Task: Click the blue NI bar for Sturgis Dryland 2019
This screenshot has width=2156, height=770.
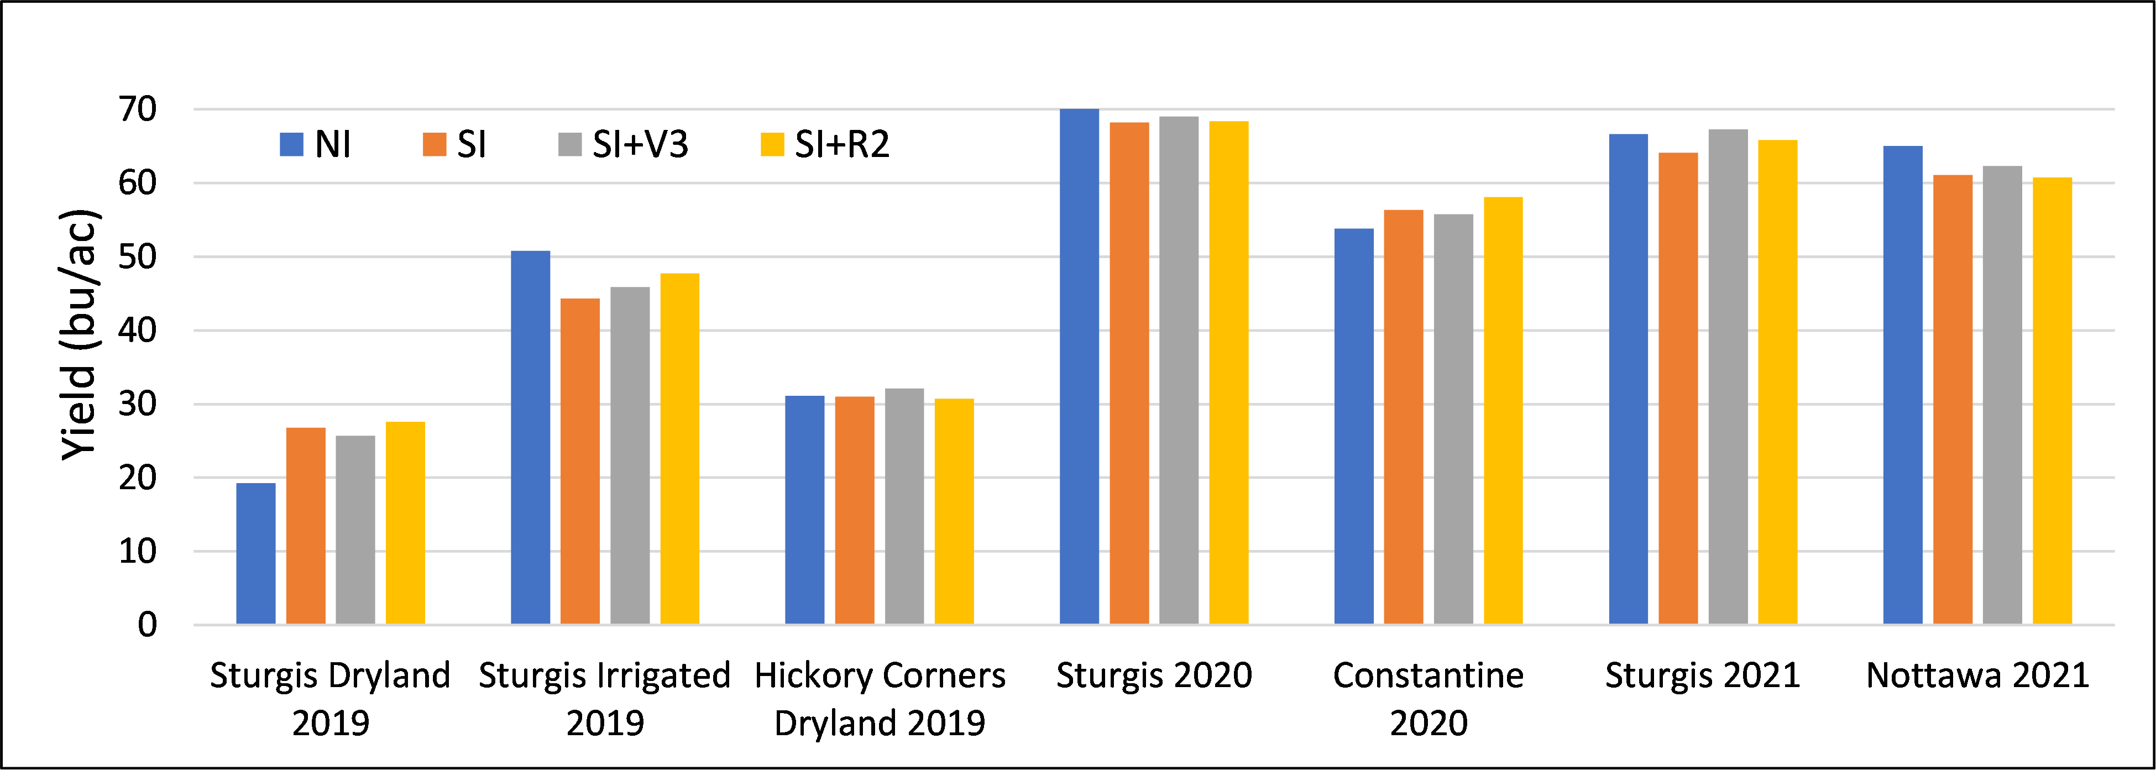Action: (255, 553)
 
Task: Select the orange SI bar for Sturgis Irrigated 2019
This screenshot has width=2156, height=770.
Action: (580, 461)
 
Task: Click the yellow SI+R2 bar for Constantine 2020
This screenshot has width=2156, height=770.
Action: (1503, 411)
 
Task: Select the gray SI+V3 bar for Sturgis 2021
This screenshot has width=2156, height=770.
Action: (1728, 376)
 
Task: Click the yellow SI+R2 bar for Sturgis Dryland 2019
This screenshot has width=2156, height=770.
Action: (405, 523)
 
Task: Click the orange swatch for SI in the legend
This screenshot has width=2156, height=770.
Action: (435, 145)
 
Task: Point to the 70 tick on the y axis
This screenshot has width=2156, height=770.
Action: (137, 109)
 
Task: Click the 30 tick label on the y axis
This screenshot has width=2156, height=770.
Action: (137, 404)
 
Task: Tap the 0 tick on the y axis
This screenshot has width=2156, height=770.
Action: (147, 625)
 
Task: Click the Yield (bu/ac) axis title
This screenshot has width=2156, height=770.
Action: (80, 335)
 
